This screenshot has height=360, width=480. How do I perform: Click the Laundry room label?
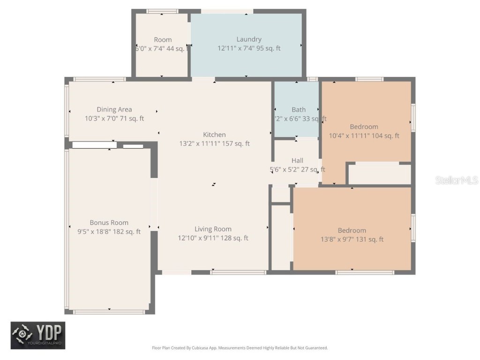249,39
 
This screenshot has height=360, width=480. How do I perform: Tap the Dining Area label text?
114,110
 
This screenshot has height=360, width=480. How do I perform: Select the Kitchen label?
214,135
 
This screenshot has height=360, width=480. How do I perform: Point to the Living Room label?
213,229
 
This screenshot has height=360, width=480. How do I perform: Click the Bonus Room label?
109,223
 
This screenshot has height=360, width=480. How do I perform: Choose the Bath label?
299,110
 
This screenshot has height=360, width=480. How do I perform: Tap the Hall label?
297,161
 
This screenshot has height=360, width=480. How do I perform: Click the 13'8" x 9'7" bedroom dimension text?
352,240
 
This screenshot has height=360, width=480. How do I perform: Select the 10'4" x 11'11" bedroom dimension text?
364,136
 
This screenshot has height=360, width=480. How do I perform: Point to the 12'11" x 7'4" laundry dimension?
249,48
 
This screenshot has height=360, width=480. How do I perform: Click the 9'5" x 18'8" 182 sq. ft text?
109,232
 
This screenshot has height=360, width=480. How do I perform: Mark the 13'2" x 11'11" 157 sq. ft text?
214,143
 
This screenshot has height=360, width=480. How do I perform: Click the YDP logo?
38,335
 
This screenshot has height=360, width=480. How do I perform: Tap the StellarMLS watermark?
456,180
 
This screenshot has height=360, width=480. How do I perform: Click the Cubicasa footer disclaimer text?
240,348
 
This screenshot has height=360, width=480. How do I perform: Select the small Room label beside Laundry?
163,40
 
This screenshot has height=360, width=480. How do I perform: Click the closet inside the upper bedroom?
379,174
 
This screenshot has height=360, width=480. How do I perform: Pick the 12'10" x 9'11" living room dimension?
213,238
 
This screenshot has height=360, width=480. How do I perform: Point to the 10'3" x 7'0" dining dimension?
114,119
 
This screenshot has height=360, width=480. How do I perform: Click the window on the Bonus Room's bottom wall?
109,312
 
